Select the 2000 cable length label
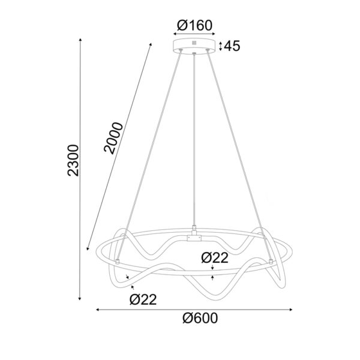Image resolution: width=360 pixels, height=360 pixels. point(114,138)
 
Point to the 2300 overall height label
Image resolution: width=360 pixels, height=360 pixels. point(73,160)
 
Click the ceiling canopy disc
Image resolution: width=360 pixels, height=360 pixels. point(194,46)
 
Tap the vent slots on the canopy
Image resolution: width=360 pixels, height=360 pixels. point(194,43)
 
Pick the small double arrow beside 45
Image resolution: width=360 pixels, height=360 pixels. point(221,46)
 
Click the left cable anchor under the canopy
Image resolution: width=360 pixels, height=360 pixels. point(179,52)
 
